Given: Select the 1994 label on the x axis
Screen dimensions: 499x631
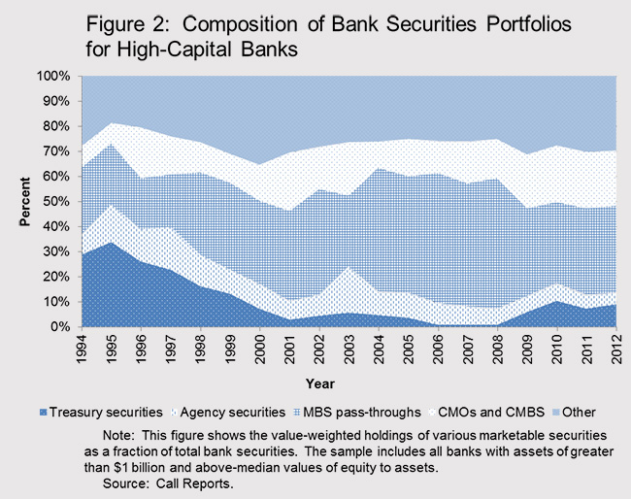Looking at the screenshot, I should pyautogui.click(x=70, y=349).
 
